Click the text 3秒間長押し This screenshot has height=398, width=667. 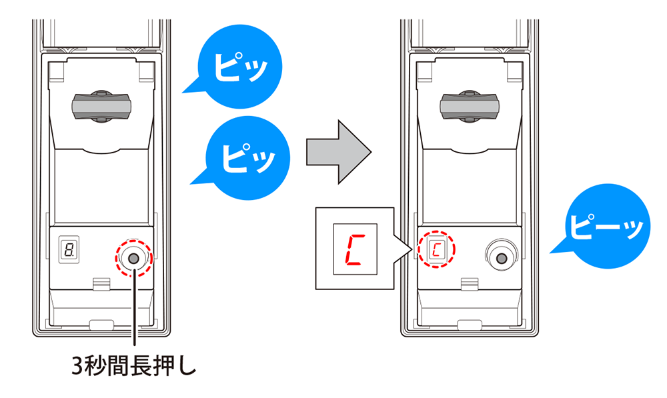coord(134,366)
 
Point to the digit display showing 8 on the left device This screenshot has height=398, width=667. coord(67,250)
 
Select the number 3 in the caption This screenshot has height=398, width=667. coord(78,367)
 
